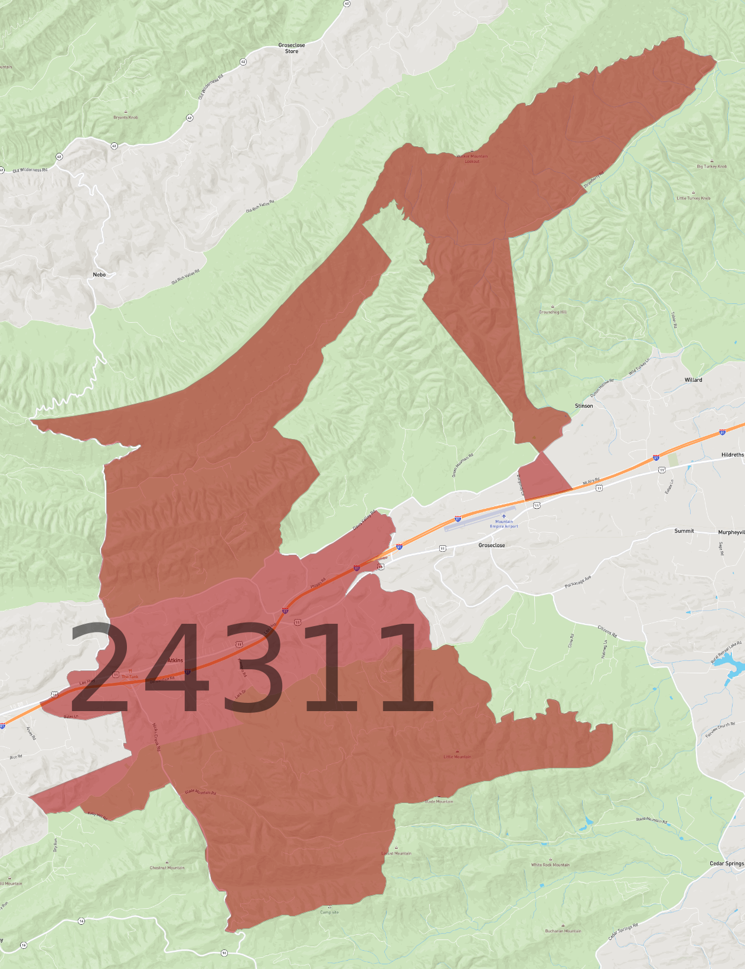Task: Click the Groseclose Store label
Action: tap(292, 48)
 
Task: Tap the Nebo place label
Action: tap(99, 274)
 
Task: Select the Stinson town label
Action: tap(584, 406)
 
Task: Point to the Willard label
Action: tap(693, 380)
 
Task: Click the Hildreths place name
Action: tap(732, 455)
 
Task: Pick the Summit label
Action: tap(684, 531)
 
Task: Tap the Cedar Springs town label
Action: tap(726, 863)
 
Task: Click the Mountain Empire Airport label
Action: tap(504, 524)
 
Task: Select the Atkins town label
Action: tap(175, 660)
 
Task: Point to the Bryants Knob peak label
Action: tap(126, 117)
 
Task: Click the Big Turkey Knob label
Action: tap(711, 166)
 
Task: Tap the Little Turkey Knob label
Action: tap(693, 198)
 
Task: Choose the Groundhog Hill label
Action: tap(553, 312)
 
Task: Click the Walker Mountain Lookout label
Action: tap(472, 159)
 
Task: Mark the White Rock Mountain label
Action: tap(550, 865)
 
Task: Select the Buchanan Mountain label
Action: tap(563, 931)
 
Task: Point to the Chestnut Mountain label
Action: tap(167, 867)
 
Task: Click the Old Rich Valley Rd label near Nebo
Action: tap(185, 277)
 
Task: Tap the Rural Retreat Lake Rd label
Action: tap(727, 652)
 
